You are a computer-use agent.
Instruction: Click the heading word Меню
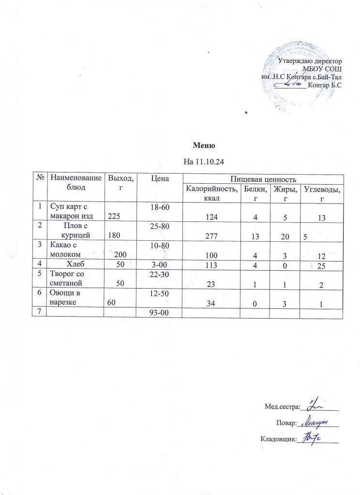203,146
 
